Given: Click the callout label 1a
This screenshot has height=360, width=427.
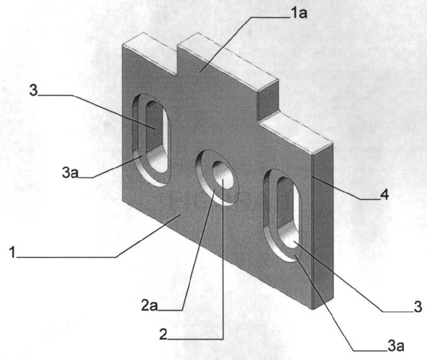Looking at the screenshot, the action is tap(299, 13).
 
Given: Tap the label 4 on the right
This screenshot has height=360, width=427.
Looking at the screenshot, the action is tap(384, 195).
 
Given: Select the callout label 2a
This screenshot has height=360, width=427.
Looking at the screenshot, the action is tap(149, 306).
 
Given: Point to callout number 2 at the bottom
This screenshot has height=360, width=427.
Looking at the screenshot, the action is tap(163, 334).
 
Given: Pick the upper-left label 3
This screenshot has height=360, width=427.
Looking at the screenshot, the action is tap(33, 90).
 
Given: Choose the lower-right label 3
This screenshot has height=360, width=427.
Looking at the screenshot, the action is tap(418, 307).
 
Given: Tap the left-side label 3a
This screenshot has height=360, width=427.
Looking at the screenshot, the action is tap(70, 172).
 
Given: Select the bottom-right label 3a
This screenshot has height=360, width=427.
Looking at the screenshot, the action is tap(396, 346).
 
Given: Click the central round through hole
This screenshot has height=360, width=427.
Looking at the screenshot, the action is tap(223, 174).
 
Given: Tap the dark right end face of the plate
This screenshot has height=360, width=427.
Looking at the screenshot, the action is tap(323, 226).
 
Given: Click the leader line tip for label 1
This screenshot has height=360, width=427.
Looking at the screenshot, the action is tap(179, 215).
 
